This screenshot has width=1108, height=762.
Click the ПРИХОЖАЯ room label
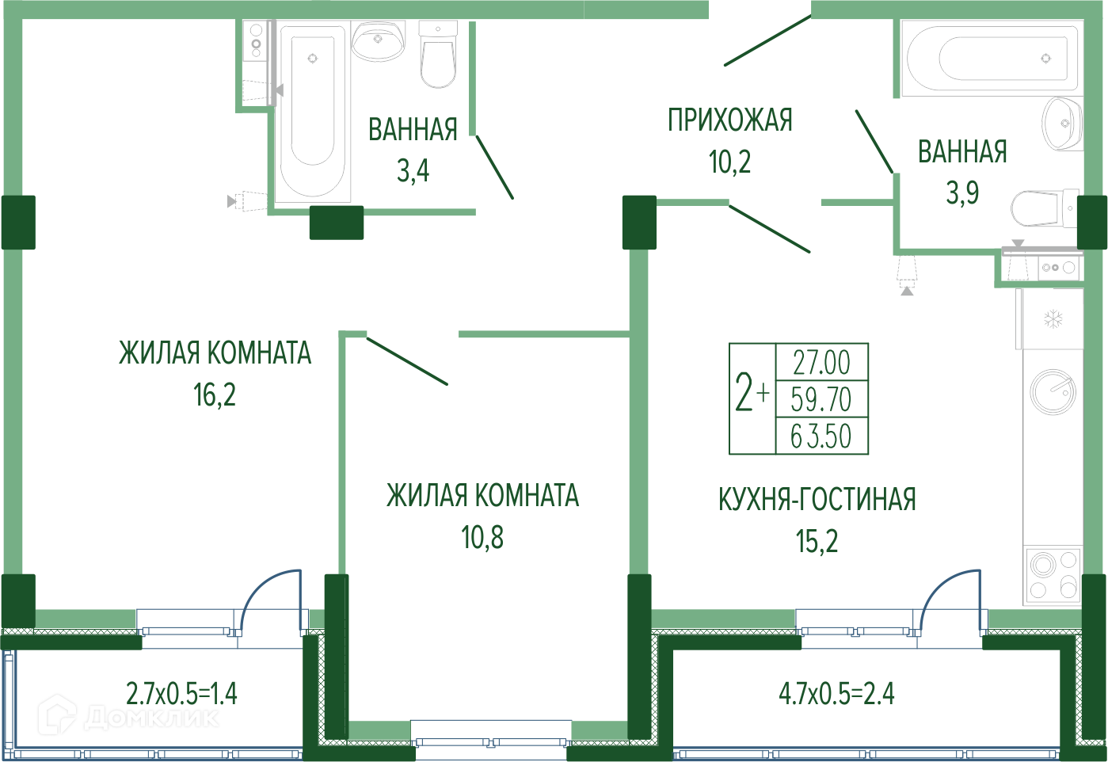click(x=730, y=120)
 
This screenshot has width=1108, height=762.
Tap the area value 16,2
click(x=215, y=394)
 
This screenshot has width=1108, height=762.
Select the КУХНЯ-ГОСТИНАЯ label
click(x=817, y=500)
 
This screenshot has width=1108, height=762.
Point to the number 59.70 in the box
click(x=821, y=399)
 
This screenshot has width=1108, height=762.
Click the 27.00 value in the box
click(x=821, y=363)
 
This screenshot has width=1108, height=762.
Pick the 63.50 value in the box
click(x=821, y=436)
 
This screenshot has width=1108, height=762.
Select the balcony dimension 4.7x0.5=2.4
click(x=837, y=694)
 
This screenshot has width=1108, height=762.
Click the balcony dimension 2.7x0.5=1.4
click(x=181, y=694)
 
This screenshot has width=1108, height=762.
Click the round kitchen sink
click(x=1053, y=391)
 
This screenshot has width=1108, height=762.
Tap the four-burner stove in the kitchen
click(x=1053, y=576)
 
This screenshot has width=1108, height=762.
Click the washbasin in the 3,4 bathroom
click(x=378, y=40)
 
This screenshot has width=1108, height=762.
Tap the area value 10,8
click(x=482, y=538)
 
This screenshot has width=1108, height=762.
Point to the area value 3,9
click(x=962, y=192)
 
